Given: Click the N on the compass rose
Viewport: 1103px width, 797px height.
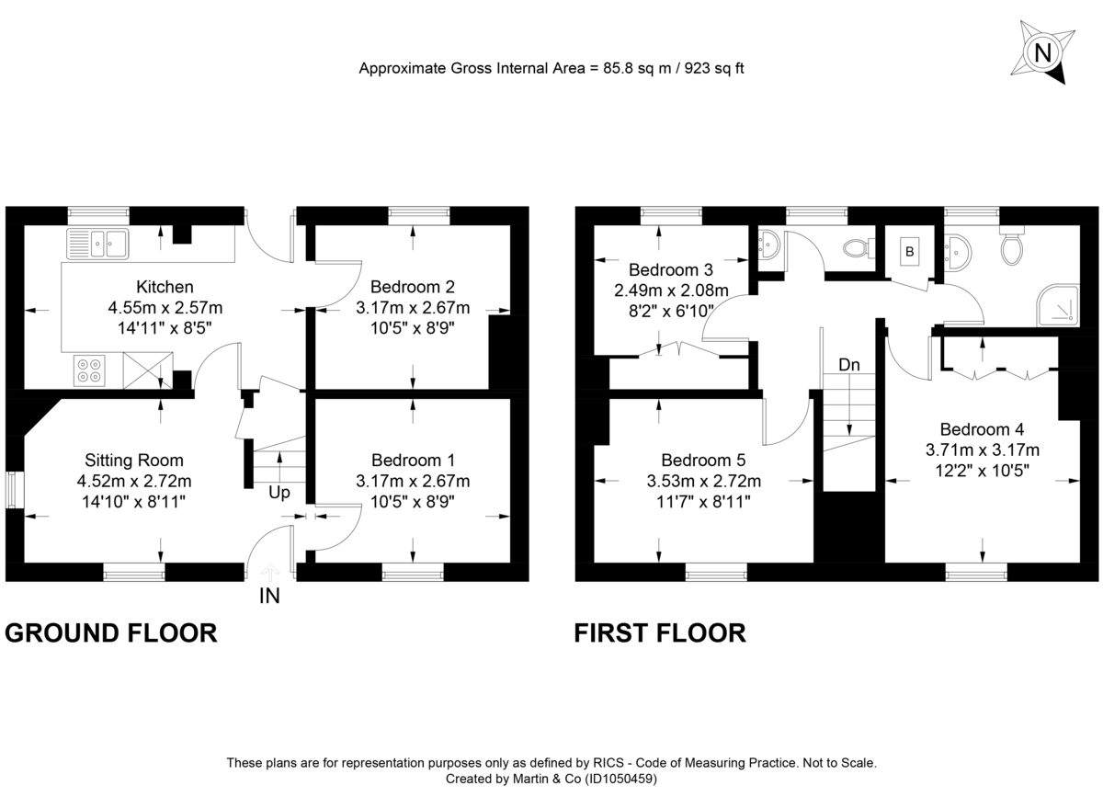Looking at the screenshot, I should point(1042,53).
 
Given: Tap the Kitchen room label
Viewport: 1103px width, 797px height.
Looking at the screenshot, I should point(165,287).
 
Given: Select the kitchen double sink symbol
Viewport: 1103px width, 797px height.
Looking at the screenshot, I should point(98,244).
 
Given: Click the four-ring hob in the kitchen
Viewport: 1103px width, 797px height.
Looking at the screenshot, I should point(90,370).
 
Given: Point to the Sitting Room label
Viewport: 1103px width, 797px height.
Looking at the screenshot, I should point(134,460).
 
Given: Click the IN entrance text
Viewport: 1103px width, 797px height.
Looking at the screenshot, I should point(269,596).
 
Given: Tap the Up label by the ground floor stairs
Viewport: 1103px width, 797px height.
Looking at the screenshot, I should point(279,493).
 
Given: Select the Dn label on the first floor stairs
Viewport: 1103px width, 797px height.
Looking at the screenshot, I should point(849,365).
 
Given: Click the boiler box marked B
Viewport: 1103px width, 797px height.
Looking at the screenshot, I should point(909,252).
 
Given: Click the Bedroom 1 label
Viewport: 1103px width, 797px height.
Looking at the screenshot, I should point(413,460).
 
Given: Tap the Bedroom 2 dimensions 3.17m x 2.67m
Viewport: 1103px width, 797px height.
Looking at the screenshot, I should point(413,307).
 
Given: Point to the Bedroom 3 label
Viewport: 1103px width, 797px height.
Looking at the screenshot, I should point(671,270).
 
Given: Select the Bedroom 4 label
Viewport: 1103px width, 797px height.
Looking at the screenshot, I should point(982,428).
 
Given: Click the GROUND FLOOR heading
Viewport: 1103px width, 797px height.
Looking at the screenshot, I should point(111,633).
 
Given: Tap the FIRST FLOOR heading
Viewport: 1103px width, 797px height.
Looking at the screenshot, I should point(660,633).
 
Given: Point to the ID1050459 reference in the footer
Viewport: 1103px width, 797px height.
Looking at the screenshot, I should point(624,779).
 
